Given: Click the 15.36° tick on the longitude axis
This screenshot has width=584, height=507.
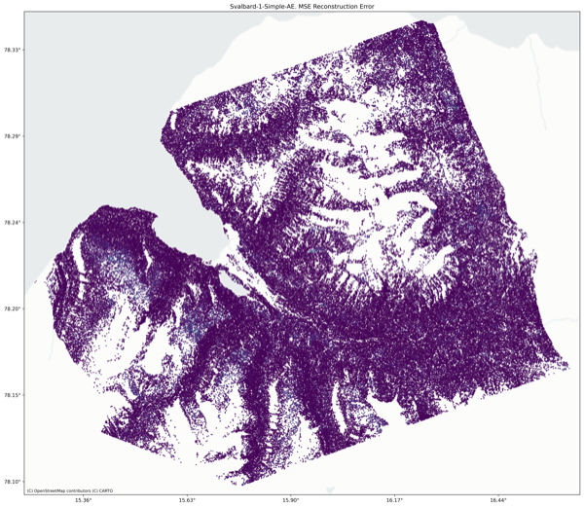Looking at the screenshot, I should coord(84,500).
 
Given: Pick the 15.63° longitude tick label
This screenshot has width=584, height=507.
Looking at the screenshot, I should coord(187,500).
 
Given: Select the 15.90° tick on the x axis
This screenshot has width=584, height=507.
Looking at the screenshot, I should coord(291,500).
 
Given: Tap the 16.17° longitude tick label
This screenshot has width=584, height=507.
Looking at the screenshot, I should coord(394,500).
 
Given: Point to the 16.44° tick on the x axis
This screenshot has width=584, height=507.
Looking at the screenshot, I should coord(498,500).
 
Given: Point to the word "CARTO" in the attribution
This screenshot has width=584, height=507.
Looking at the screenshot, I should coord(103,490).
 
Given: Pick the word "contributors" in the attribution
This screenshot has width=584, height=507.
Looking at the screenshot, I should coord(78,490).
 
